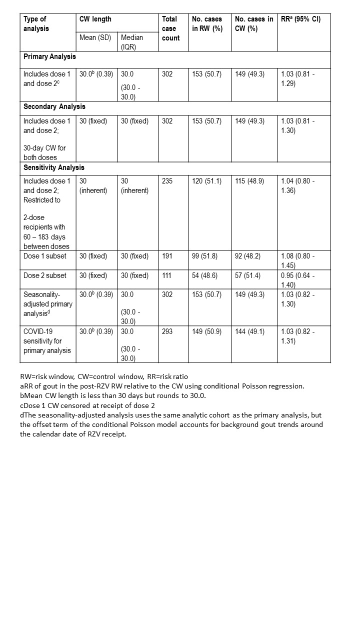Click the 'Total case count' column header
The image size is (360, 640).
[169, 28]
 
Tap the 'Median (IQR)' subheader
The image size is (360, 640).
[132, 42]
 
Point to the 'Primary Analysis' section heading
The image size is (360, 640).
[50, 56]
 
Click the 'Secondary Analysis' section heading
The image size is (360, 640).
[54, 106]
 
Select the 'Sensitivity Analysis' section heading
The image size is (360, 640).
[54, 167]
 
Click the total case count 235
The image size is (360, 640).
[167, 181]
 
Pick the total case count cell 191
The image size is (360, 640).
[167, 256]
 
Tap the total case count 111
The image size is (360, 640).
[167, 275]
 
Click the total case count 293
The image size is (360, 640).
[167, 331]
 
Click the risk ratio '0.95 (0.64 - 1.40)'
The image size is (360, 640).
[298, 280]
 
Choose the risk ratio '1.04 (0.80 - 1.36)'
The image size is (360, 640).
[298, 185]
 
